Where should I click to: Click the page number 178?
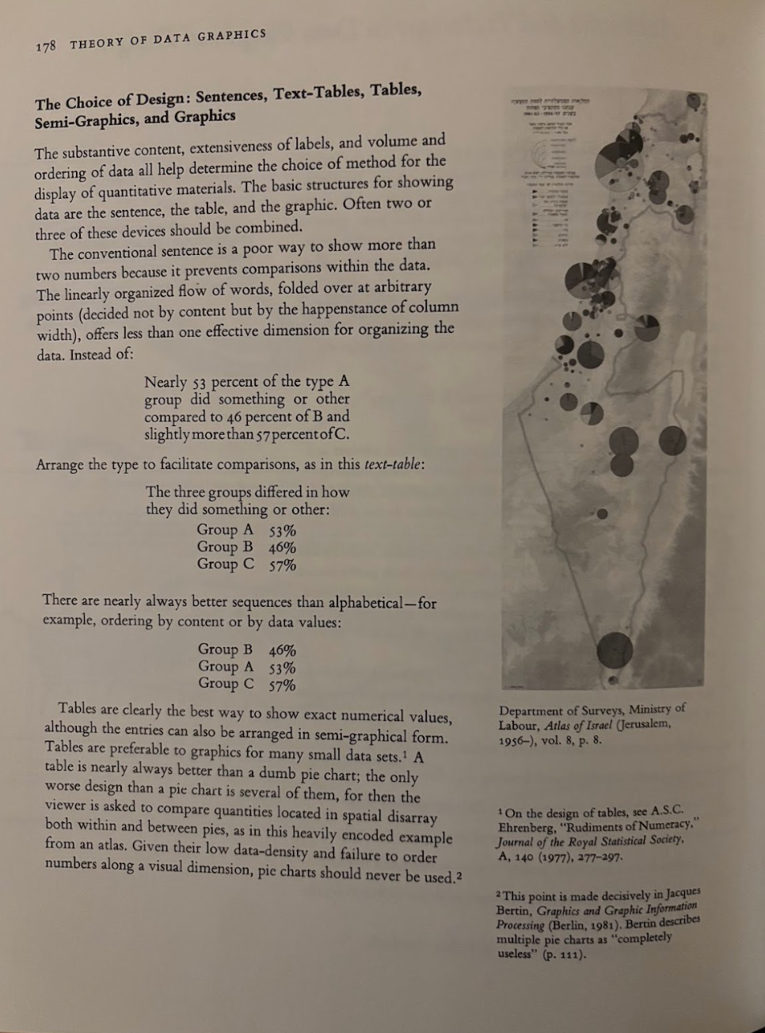(46, 46)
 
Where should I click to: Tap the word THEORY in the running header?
(96, 42)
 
